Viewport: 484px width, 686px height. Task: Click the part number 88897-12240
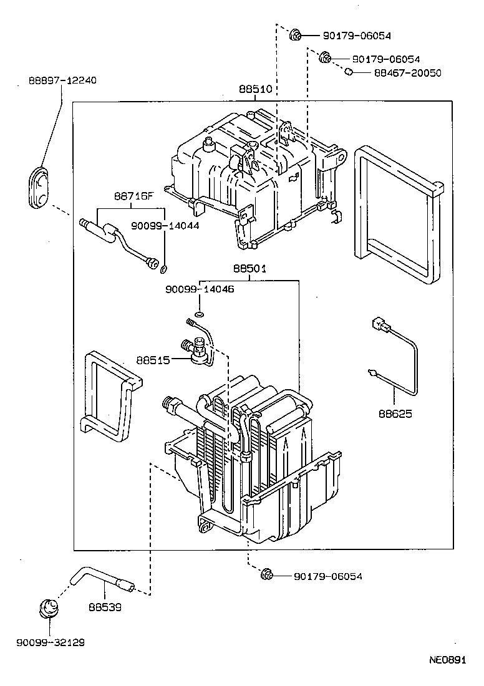[x=62, y=80]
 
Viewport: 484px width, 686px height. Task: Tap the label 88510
[x=256, y=90]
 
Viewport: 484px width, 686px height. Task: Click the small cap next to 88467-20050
[x=349, y=73]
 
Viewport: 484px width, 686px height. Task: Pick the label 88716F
[x=133, y=195]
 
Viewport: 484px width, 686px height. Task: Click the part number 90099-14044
[x=165, y=226]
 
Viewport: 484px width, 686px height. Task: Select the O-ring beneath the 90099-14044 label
[x=164, y=269]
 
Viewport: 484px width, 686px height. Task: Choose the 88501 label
[x=250, y=269]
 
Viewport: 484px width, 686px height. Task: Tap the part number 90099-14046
[x=200, y=289]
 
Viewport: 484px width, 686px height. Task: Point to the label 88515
[x=153, y=360]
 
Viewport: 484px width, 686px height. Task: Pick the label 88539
[x=104, y=606]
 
